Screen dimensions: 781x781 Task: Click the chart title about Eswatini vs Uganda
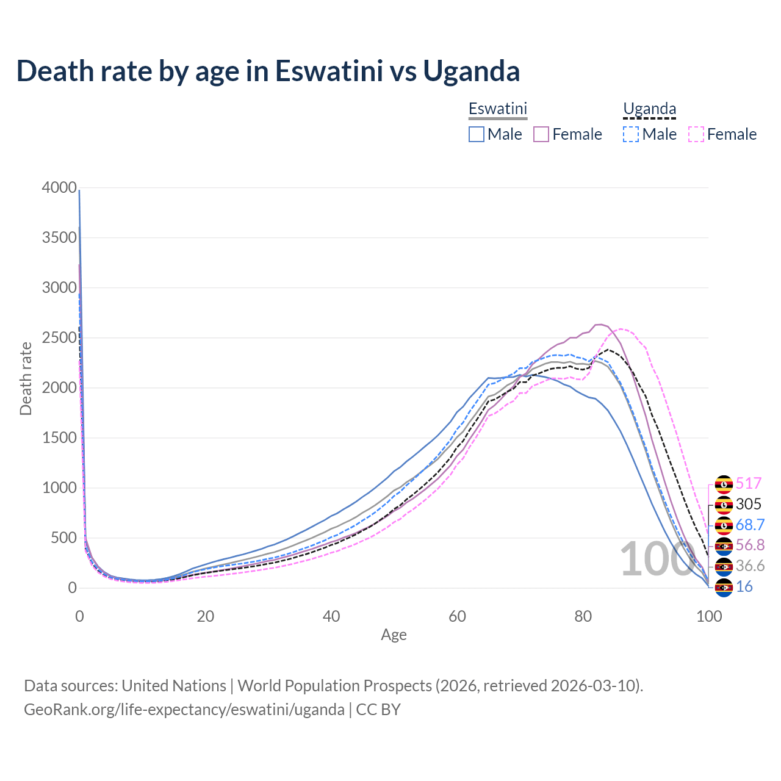[x=268, y=71]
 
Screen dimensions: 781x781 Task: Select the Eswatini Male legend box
[x=477, y=134]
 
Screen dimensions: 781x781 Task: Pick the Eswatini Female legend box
[x=541, y=134]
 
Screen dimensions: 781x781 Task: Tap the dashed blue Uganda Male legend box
[x=631, y=134]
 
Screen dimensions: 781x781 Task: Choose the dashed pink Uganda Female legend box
[x=696, y=134]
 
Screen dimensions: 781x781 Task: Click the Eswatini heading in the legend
[x=497, y=109]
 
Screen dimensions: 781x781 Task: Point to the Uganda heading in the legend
[x=649, y=109]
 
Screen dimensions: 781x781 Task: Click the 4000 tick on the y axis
[x=59, y=187]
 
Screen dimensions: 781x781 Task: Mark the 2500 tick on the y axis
[x=59, y=337]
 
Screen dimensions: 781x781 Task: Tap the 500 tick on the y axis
[x=63, y=538]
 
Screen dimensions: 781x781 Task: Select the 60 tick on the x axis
[x=457, y=616]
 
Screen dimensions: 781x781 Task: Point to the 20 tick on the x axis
[x=205, y=616]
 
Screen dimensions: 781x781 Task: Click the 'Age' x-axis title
[x=394, y=635]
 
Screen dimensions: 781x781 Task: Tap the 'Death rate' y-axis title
[x=26, y=378]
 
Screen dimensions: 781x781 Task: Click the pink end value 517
[x=749, y=484]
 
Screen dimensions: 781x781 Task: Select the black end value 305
[x=749, y=504]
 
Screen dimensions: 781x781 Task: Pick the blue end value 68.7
[x=750, y=525]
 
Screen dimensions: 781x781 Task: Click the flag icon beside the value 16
[x=724, y=587]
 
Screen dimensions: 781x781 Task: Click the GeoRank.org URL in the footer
[x=184, y=710]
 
